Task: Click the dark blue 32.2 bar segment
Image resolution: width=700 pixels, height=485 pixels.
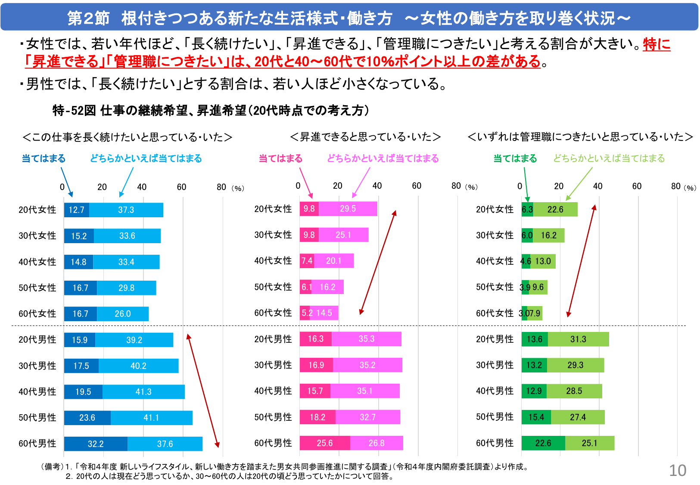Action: tap(96, 444)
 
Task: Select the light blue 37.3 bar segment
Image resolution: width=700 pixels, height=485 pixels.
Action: tap(126, 210)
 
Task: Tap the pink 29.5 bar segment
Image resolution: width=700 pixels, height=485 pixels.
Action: tap(348, 209)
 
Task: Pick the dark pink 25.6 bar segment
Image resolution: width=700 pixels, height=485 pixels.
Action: tap(325, 443)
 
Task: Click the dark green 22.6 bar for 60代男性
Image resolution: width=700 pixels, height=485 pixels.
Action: tap(543, 443)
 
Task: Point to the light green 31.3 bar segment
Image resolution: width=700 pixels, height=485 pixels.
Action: tap(578, 339)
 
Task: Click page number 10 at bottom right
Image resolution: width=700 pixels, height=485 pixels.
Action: tap(677, 470)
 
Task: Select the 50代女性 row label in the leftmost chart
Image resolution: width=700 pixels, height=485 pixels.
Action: tap(37, 288)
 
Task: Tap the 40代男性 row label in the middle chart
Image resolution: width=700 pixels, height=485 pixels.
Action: tap(273, 391)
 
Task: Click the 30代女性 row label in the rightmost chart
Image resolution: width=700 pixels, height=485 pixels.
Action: tap(495, 235)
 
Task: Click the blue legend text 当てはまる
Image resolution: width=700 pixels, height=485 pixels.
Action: tap(44, 159)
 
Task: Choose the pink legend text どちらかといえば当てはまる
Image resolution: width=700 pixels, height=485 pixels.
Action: tap(383, 159)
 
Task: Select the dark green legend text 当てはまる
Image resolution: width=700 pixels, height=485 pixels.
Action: tap(515, 159)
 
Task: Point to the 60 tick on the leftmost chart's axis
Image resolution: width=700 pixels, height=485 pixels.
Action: tap(181, 187)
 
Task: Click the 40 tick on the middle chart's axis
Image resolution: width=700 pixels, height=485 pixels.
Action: tap(377, 186)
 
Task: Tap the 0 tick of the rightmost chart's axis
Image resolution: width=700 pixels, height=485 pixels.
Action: tap(520, 186)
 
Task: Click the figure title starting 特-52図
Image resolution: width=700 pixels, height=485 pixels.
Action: tap(210, 111)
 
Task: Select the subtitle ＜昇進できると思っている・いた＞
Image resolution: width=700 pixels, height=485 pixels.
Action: tap(365, 137)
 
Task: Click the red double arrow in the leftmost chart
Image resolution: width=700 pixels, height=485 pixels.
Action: tap(203, 391)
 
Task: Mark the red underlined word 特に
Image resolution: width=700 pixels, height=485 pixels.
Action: tap(656, 44)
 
